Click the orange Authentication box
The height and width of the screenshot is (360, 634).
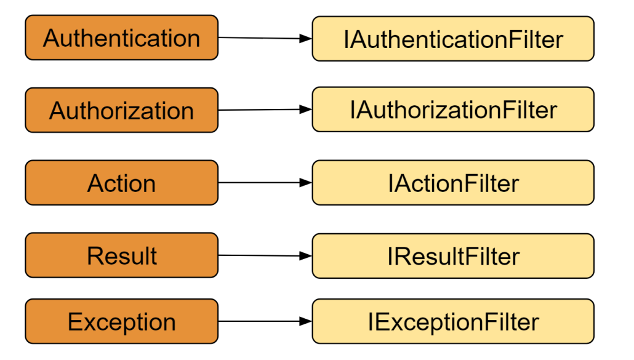(x=122, y=38)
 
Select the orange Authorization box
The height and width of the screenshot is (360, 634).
(x=122, y=110)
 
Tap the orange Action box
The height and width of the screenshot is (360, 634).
(x=122, y=183)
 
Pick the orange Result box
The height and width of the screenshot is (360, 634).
(x=122, y=255)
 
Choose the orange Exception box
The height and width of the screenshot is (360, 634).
(x=122, y=321)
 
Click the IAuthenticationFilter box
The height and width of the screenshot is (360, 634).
(x=453, y=39)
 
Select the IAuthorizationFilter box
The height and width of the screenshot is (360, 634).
(x=453, y=109)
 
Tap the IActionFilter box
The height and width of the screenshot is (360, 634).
(x=453, y=183)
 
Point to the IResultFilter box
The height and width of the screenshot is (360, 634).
(x=453, y=256)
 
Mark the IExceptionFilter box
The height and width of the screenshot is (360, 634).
(x=453, y=321)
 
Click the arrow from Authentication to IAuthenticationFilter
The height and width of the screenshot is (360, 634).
(x=265, y=38)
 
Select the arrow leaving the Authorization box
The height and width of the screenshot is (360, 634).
(x=265, y=110)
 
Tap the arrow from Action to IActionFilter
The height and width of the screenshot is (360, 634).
(x=265, y=183)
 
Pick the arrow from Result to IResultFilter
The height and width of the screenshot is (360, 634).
(x=265, y=255)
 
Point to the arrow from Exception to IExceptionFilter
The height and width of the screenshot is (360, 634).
(x=265, y=321)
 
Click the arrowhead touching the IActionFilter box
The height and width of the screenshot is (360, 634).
(x=306, y=183)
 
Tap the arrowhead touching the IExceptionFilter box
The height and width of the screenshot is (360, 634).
(x=306, y=321)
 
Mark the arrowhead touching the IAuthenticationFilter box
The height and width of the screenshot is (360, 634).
(x=306, y=39)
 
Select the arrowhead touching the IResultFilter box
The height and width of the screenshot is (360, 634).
(x=306, y=256)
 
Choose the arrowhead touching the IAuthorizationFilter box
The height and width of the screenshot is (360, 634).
(x=306, y=109)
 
